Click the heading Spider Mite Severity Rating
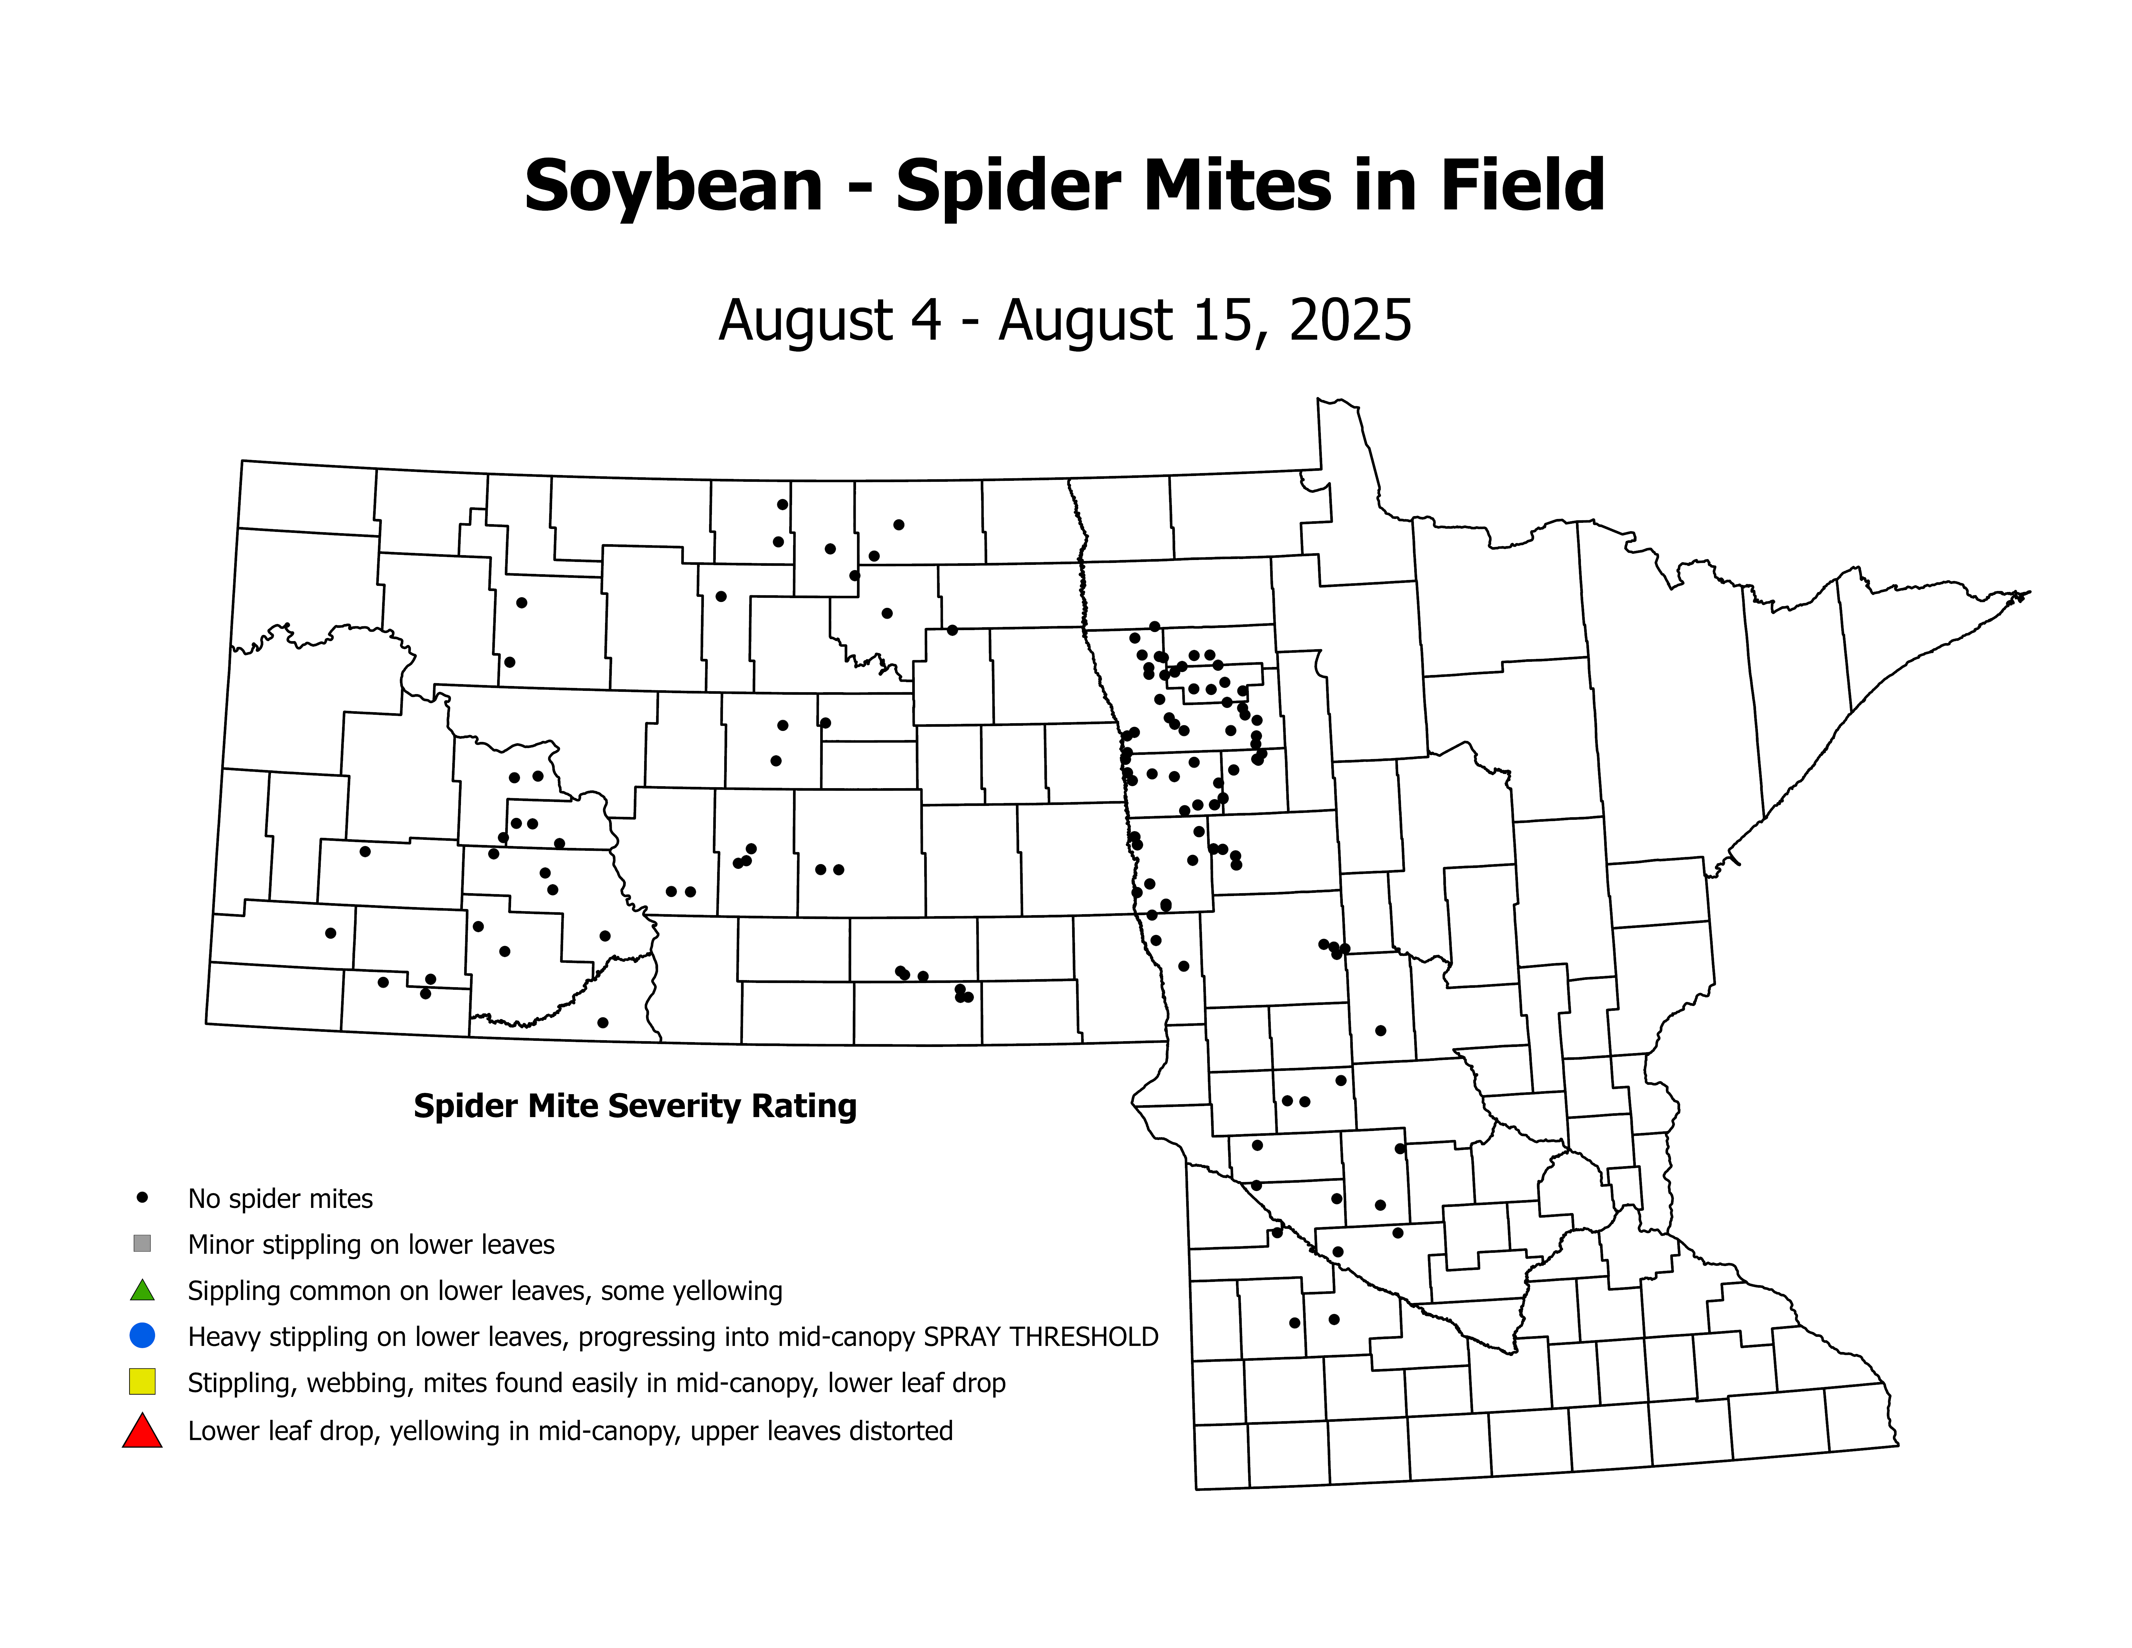(634, 1106)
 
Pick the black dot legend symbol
(142, 1197)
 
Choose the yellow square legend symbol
(142, 1381)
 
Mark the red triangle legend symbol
(142, 1431)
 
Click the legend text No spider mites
(280, 1199)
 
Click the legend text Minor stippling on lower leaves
(371, 1245)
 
